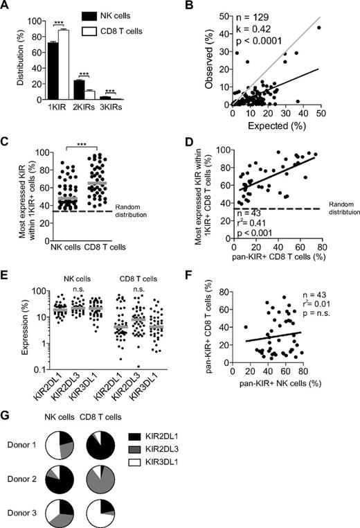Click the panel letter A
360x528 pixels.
click(7, 7)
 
